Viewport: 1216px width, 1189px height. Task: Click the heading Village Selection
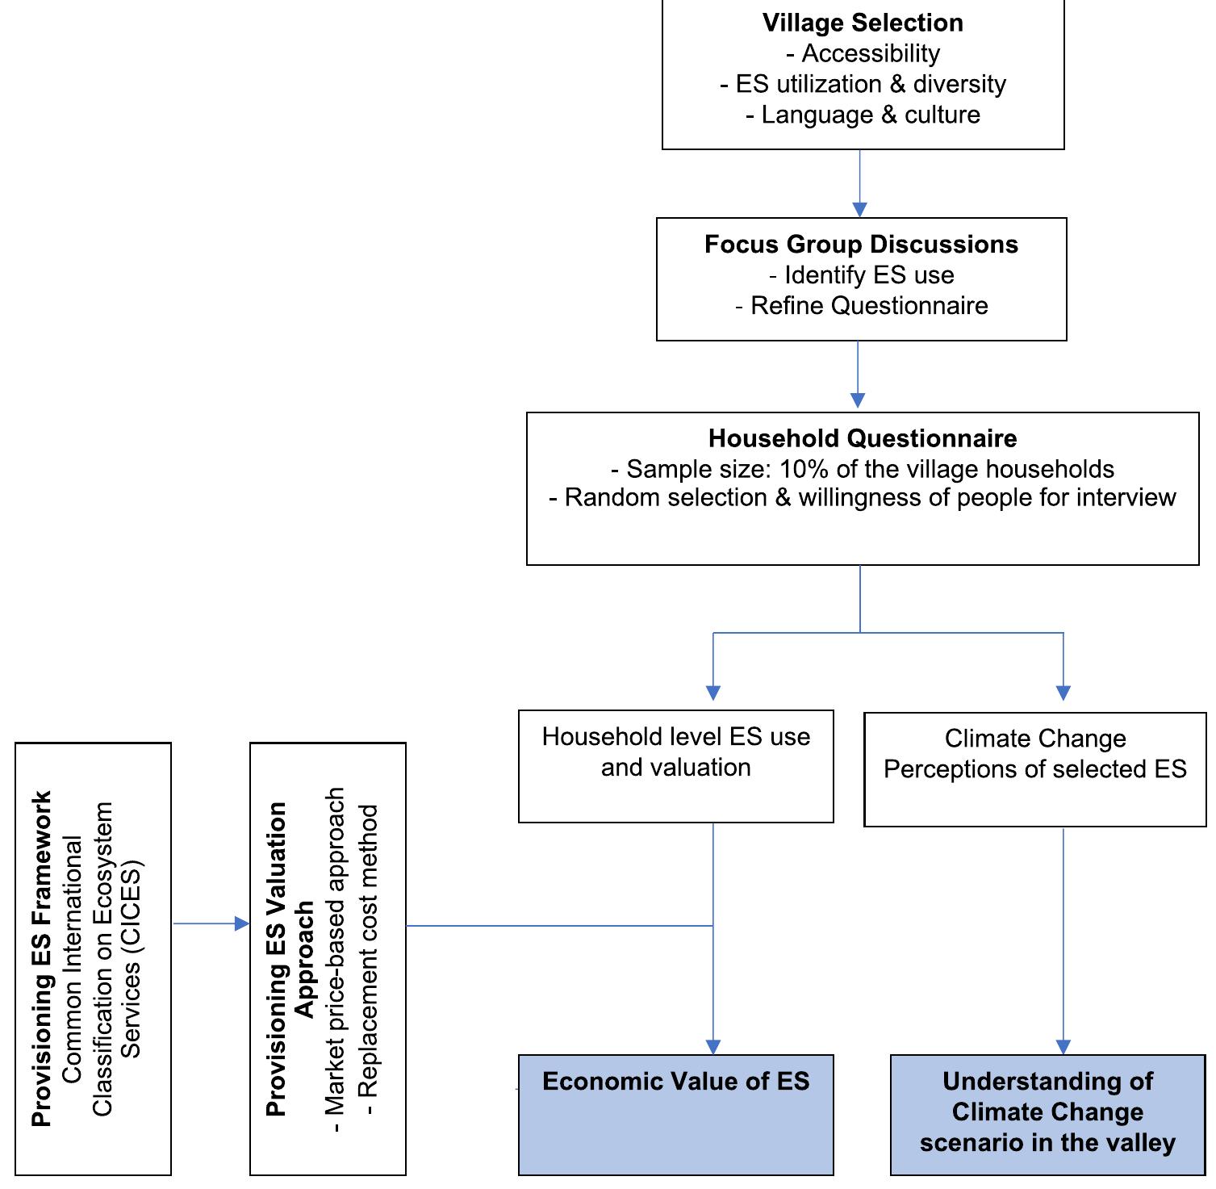pos(863,23)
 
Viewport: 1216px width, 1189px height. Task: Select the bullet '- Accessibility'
pos(863,53)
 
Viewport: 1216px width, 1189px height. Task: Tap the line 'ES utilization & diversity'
pos(870,84)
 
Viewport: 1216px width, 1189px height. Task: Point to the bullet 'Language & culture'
pos(870,115)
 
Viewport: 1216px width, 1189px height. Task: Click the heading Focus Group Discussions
pos(861,245)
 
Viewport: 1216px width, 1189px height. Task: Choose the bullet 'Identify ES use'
pos(868,275)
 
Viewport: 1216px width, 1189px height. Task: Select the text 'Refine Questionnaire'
pos(868,306)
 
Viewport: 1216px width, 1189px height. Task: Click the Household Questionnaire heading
pos(863,438)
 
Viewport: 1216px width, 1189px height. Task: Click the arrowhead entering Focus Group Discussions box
pos(859,210)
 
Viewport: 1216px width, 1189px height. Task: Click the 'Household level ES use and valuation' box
pos(675,766)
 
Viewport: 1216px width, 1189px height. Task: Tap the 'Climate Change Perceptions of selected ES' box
pos(1034,768)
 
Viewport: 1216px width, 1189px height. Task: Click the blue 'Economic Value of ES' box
pos(675,1114)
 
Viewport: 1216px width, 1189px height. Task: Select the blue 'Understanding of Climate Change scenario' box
pos(1047,1114)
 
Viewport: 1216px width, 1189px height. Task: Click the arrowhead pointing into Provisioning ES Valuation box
pos(241,923)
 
